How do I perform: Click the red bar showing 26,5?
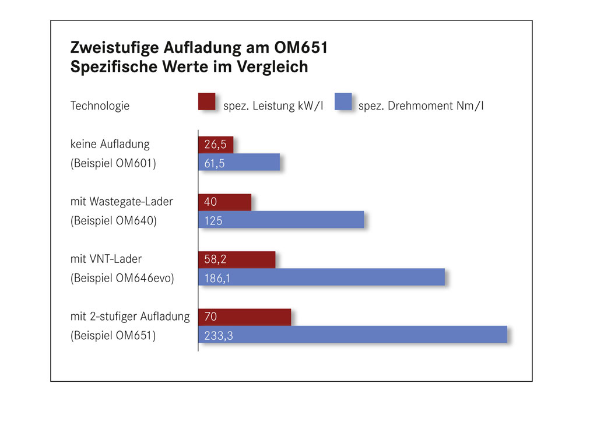pos(216,145)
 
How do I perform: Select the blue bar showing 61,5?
pos(239,162)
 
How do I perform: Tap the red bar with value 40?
pos(224,202)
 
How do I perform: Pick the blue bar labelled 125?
pos(281,220)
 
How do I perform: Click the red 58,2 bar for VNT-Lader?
pos(237,259)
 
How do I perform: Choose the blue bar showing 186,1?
pos(321,277)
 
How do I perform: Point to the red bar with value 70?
pos(244,317)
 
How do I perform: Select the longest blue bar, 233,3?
pos(353,335)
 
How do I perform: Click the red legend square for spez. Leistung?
pos(207,101)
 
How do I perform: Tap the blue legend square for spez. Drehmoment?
pos(343,101)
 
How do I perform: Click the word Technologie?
pos(100,105)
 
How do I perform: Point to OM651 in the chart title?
pos(301,48)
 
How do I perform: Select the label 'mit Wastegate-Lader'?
pos(121,201)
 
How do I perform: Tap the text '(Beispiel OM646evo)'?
pos(122,278)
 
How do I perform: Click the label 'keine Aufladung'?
pos(110,144)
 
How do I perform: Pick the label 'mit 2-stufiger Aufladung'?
pos(130,316)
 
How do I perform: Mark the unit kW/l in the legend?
pos(310,105)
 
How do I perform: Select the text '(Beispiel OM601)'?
pos(113,163)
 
